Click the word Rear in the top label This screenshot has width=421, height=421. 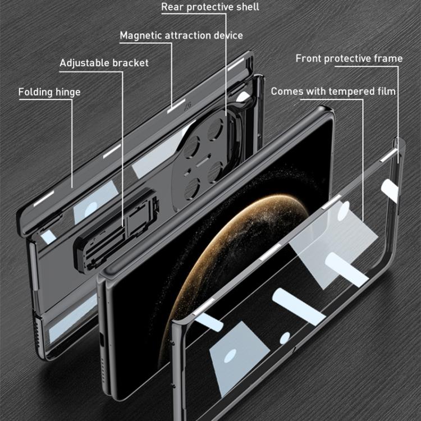pyautogui.click(x=172, y=7)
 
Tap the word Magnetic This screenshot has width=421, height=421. pyautogui.click(x=140, y=35)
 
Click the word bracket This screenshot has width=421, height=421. pyautogui.click(x=130, y=63)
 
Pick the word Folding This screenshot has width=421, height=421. pyautogui.click(x=36, y=92)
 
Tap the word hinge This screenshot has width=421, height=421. pyautogui.click(x=68, y=92)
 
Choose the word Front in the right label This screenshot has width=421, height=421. pyautogui.click(x=308, y=58)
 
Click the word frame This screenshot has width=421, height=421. pyautogui.click(x=388, y=58)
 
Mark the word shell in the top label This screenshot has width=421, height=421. pyautogui.click(x=246, y=7)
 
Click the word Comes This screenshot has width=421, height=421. pyautogui.click(x=287, y=91)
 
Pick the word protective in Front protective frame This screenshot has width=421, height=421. pyautogui.click(x=347, y=58)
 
